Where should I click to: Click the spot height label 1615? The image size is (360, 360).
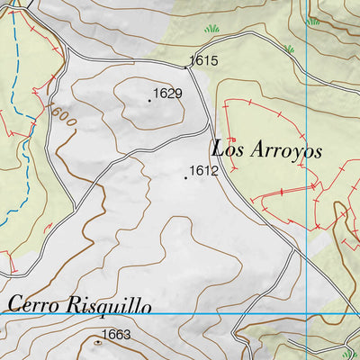204,62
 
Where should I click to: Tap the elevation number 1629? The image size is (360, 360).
168,94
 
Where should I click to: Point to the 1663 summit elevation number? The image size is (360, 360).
116,336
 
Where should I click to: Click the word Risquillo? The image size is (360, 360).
108,306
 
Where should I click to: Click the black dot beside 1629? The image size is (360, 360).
148,100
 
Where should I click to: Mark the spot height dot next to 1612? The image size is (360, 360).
186,178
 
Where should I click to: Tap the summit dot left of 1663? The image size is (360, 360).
97,342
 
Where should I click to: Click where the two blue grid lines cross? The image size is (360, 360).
306,313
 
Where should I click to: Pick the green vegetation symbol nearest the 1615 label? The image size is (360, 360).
212,29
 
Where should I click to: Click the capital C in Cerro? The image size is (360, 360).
13,304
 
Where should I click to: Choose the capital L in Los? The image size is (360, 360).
218,147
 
